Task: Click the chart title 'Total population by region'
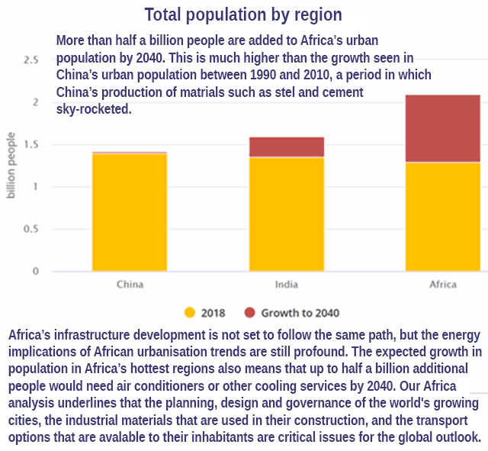pyautogui.click(x=243, y=14)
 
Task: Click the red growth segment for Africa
pyautogui.click(x=443, y=128)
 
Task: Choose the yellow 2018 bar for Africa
pyautogui.click(x=443, y=217)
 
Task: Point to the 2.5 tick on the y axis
pyautogui.click(x=32, y=60)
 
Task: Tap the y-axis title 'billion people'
pyautogui.click(x=11, y=165)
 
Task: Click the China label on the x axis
pyautogui.click(x=130, y=285)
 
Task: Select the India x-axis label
pyautogui.click(x=287, y=285)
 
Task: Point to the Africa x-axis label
pyautogui.click(x=443, y=285)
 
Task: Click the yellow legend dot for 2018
pyautogui.click(x=191, y=313)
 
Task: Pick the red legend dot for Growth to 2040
pyautogui.click(x=250, y=313)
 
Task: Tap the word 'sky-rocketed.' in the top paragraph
pyautogui.click(x=94, y=109)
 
